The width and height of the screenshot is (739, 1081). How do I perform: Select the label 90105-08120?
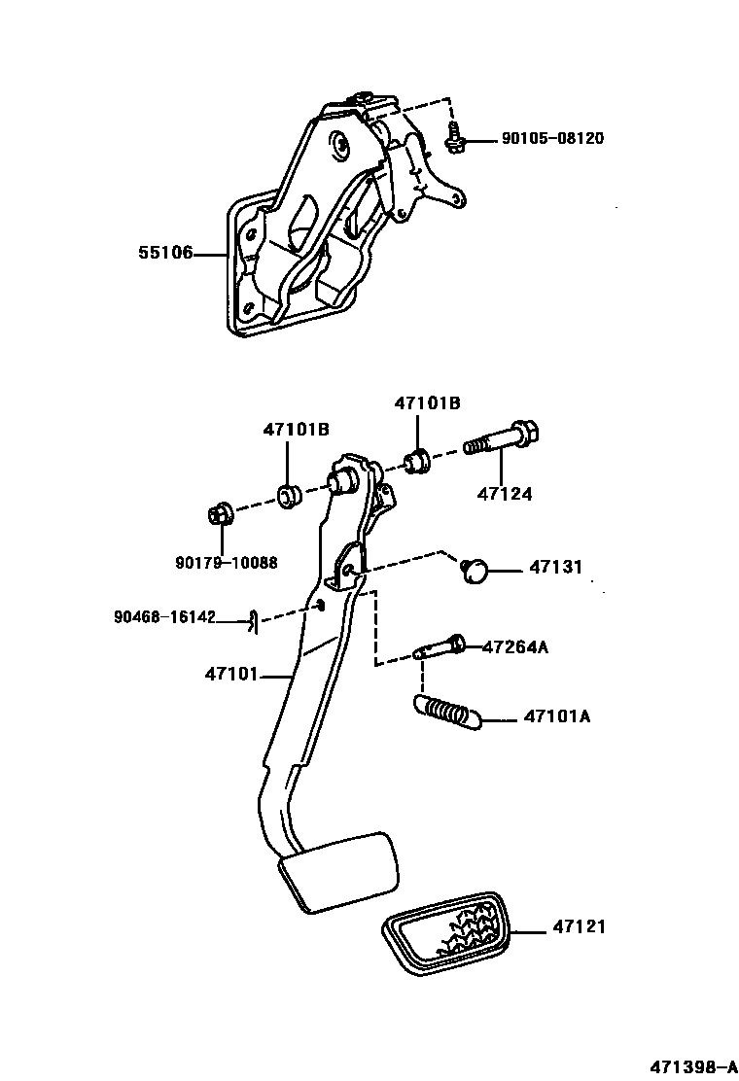552,139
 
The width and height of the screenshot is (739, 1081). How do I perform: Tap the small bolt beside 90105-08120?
453,138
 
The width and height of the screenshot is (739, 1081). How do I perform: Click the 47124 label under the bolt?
505,494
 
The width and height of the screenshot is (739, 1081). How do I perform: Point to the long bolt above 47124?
502,438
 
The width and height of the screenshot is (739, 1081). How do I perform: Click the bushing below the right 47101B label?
419,460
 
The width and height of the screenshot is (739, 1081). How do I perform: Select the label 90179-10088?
226,562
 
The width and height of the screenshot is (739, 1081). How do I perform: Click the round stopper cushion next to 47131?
475,571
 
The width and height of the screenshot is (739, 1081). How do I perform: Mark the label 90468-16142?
163,616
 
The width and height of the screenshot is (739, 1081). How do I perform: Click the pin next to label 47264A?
440,647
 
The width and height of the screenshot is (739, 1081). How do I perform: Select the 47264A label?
514,646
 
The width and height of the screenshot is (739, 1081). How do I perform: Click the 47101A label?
557,717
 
